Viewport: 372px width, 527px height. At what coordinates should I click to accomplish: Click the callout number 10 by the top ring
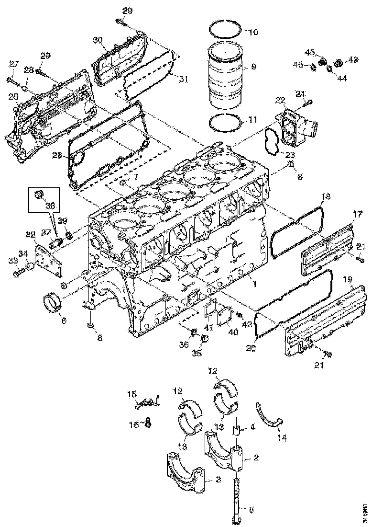coord(253,32)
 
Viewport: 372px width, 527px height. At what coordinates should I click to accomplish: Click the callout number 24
coord(300,93)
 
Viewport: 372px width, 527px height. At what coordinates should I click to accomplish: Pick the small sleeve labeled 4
coord(236,428)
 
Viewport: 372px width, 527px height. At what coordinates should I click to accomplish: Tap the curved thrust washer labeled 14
coord(269,415)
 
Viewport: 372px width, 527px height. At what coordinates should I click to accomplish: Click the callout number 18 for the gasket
coord(326,196)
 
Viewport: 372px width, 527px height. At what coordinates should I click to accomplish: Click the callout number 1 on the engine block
coord(255,284)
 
